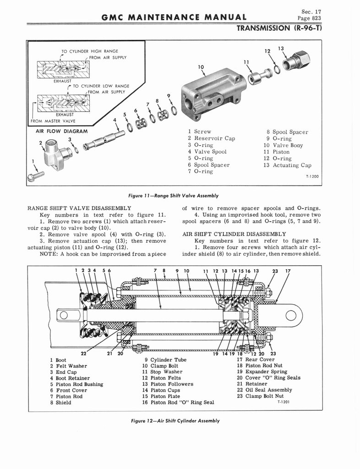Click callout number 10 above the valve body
[x=200, y=66]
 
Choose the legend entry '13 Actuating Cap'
[x=287, y=165]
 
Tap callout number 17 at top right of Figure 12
[x=288, y=271]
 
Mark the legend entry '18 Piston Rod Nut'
[x=260, y=365]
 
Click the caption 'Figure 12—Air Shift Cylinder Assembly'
[x=175, y=420]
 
